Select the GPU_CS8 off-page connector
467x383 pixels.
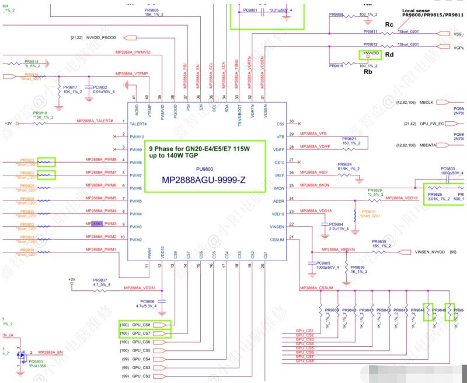tap(142, 325)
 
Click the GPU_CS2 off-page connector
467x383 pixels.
tap(142, 377)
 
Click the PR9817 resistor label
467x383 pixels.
tap(71, 87)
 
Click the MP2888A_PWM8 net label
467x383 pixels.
tap(101, 159)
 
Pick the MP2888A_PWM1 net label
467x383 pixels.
tap(101, 250)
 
